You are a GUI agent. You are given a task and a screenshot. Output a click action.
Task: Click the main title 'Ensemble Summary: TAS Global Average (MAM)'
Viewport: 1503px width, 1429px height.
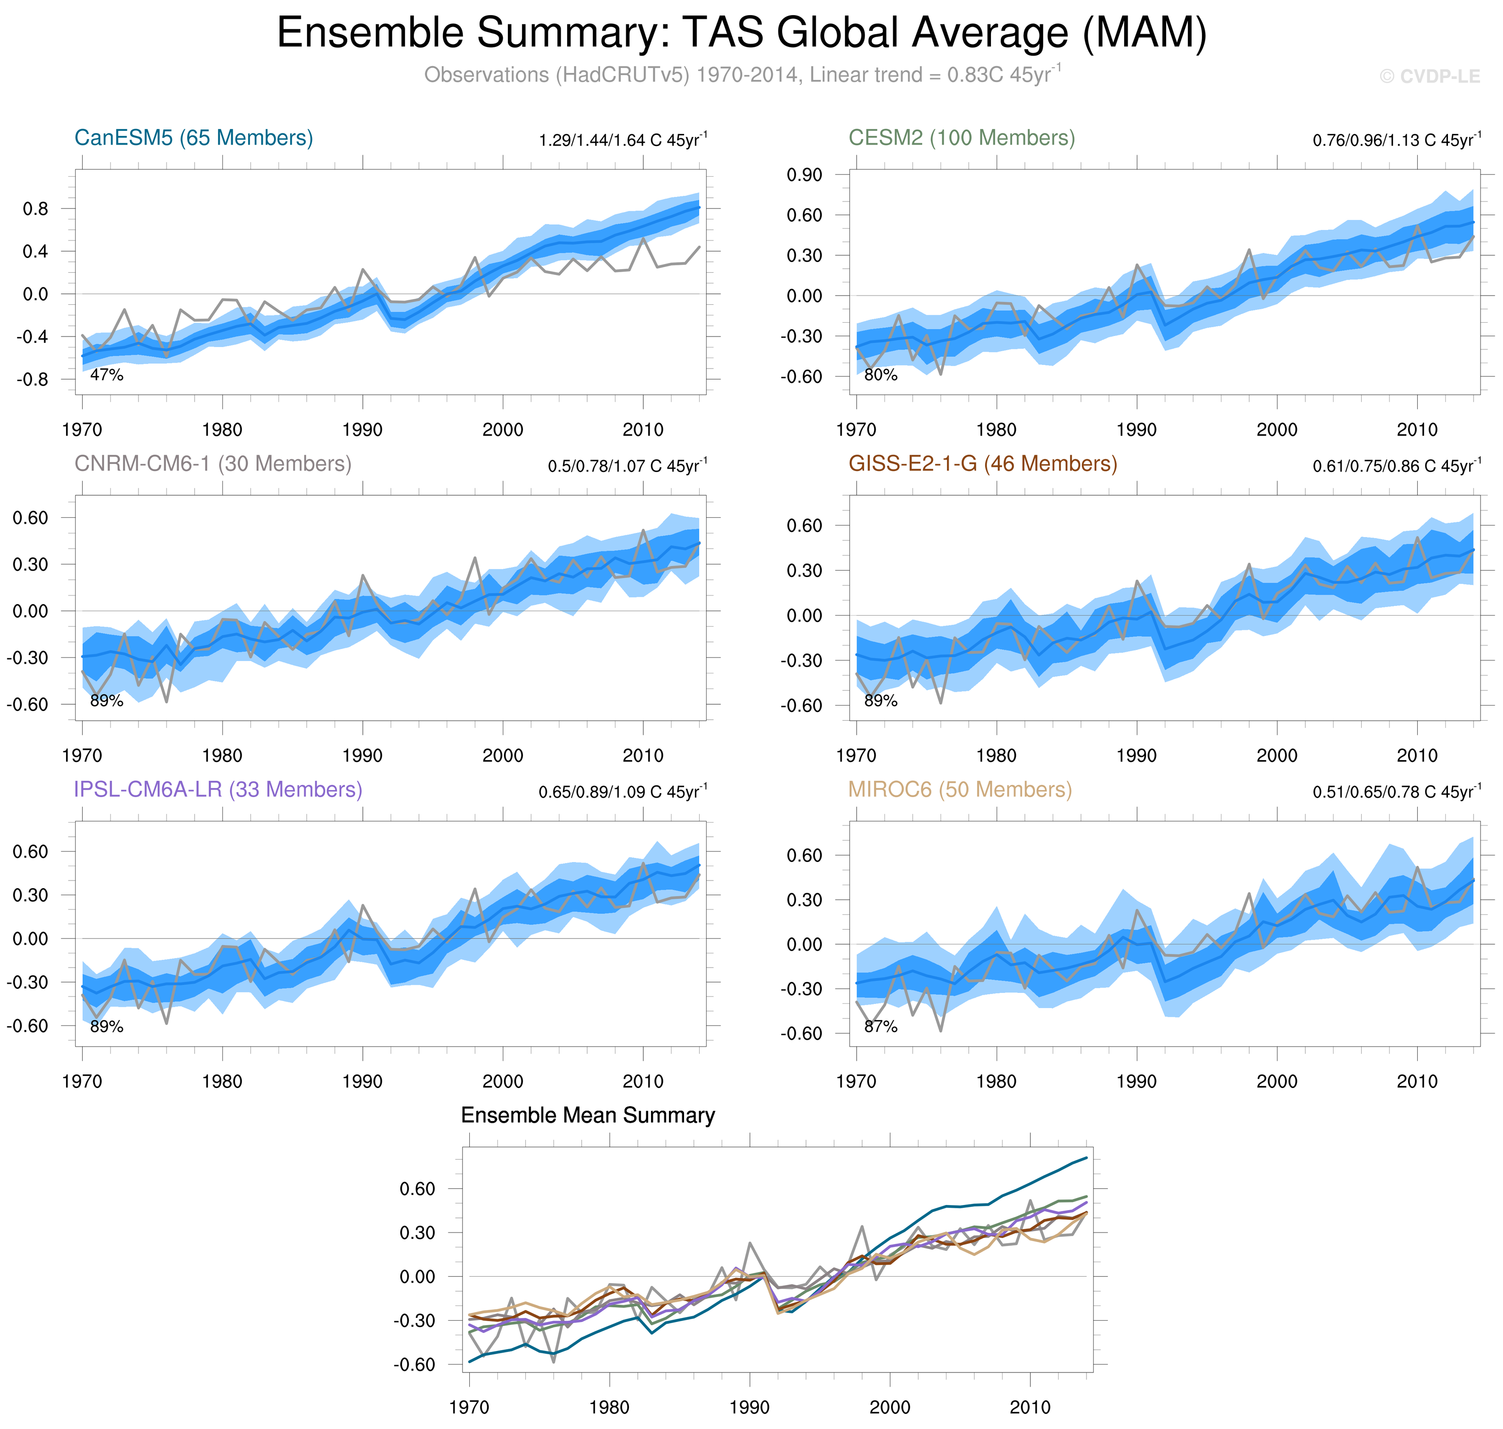[x=741, y=34]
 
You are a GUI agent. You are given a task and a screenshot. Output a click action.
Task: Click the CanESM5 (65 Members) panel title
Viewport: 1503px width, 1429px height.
[x=194, y=138]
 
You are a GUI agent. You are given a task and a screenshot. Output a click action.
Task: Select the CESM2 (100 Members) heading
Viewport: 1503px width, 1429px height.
[x=962, y=138]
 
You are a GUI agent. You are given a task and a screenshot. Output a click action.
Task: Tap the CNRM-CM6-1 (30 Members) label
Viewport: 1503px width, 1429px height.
[x=212, y=464]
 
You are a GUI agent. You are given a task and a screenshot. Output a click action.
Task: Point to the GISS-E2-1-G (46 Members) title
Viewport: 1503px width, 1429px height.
[x=982, y=464]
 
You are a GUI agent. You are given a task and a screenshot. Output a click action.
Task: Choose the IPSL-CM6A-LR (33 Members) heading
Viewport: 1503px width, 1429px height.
[x=218, y=790]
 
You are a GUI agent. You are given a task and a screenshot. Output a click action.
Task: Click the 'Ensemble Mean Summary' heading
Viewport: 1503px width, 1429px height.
[x=588, y=1116]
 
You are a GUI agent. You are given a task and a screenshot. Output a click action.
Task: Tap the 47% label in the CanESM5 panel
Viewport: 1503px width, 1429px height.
[x=106, y=375]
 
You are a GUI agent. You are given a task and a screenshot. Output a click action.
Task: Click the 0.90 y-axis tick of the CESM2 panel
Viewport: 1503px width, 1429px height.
[x=804, y=175]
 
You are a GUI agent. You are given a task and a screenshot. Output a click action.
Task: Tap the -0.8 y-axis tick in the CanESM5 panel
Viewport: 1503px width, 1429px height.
[x=35, y=379]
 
